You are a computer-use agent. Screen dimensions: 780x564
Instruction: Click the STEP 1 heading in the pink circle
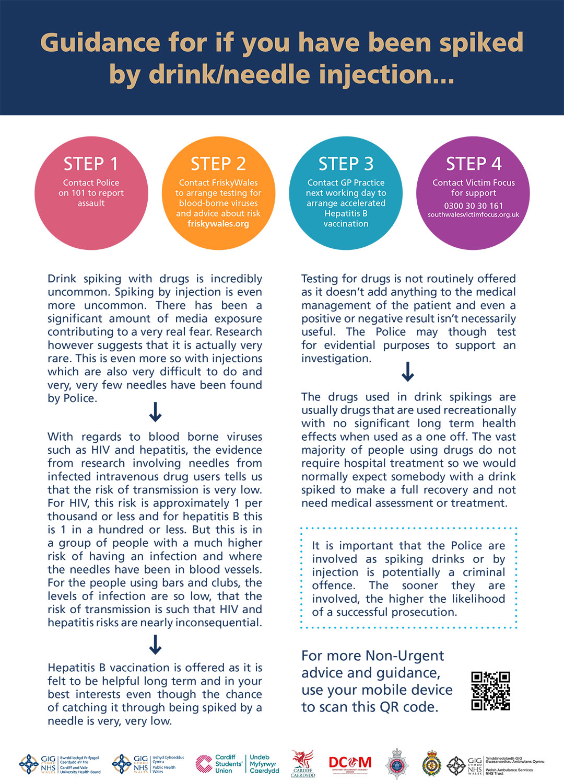91,164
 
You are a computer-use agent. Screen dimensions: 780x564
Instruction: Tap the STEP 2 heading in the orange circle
218,164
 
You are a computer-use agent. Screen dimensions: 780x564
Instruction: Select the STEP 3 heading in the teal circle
346,164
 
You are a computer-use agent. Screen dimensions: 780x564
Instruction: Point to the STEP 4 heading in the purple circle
474,164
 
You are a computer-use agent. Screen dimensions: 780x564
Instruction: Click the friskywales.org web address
218,224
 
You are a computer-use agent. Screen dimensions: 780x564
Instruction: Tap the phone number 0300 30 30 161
474,205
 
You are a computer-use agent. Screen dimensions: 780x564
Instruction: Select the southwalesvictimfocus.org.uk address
474,215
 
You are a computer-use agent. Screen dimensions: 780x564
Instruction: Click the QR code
490,691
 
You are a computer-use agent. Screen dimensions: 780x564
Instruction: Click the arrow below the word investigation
408,372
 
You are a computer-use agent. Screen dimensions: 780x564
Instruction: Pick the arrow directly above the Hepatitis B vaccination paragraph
155,645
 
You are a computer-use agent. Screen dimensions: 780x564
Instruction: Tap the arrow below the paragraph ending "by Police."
155,412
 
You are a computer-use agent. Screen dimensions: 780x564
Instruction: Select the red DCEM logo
350,764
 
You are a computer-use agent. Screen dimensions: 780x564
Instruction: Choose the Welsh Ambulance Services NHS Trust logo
496,766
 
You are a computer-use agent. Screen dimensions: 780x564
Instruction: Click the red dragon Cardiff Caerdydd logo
303,764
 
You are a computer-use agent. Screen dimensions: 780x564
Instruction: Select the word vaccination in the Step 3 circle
346,224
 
